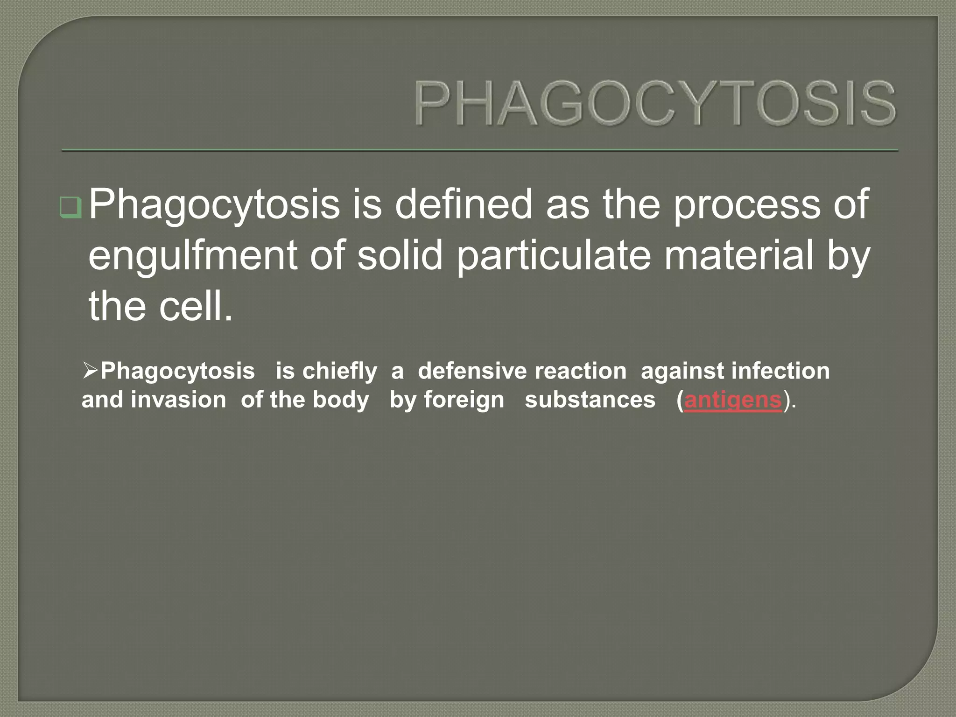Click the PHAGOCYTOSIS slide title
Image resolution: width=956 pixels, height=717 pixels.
click(654, 103)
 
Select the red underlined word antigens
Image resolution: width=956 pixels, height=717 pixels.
click(732, 401)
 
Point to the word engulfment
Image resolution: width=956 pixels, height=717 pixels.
click(193, 256)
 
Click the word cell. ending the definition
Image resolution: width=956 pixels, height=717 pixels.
click(196, 307)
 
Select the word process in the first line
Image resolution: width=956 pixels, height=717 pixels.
click(746, 204)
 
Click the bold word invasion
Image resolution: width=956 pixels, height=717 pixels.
click(178, 401)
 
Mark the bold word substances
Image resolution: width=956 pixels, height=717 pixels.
click(590, 401)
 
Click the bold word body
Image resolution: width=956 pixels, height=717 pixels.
click(341, 401)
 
